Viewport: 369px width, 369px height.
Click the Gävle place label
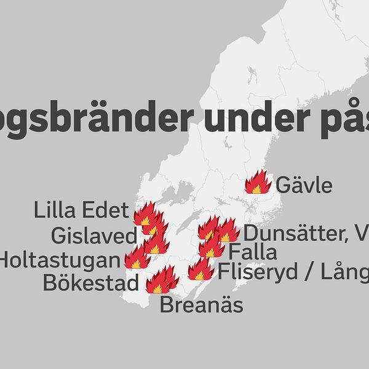[304, 185]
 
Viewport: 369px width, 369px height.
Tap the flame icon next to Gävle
[258, 183]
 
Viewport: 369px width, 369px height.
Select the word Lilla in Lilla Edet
[56, 211]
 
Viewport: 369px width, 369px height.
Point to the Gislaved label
[94, 236]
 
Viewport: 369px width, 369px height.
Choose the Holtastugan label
[60, 260]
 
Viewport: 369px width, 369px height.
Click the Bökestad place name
[91, 284]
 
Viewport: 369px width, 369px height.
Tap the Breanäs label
[201, 305]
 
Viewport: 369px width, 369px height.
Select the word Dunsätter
[290, 234]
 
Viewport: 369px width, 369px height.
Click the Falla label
[252, 252]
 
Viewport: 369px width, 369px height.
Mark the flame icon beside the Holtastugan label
[137, 258]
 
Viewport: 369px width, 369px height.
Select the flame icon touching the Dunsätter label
[227, 231]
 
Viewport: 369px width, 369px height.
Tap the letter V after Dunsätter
[362, 234]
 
